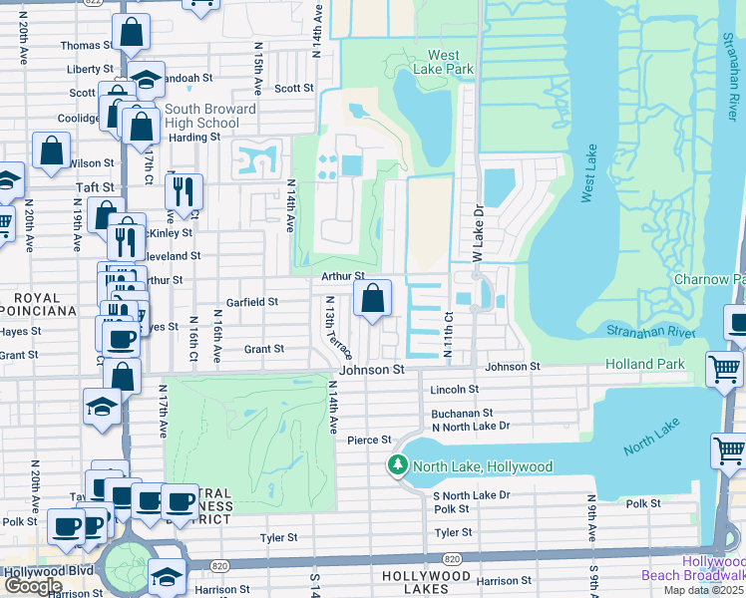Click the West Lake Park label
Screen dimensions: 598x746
pyautogui.click(x=444, y=62)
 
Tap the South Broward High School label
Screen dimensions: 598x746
pyautogui.click(x=210, y=116)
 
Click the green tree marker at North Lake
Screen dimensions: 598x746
pyautogui.click(x=398, y=465)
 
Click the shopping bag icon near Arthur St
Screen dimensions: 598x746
pyautogui.click(x=372, y=298)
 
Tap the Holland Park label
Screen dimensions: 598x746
pyautogui.click(x=645, y=364)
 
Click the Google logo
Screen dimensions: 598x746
pyautogui.click(x=33, y=586)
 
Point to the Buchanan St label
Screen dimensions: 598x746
pyautogui.click(x=462, y=413)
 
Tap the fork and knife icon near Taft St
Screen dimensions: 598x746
pyautogui.click(x=184, y=189)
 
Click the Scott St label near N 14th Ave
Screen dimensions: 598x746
pyautogui.click(x=294, y=88)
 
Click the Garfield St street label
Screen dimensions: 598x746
pyautogui.click(x=252, y=301)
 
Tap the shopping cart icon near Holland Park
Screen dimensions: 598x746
pyautogui.click(x=724, y=371)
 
